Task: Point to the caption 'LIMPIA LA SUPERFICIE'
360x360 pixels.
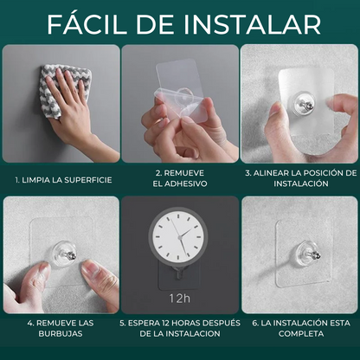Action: point(67,180)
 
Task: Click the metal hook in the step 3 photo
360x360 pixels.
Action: point(308,106)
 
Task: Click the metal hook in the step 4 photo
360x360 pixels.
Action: point(70,255)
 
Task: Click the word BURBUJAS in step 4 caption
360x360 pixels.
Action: point(61,334)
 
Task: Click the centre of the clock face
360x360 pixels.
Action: point(179,237)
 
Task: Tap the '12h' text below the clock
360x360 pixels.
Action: point(179,299)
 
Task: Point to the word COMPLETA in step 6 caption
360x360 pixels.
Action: point(301,334)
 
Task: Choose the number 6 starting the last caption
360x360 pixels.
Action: point(254,323)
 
